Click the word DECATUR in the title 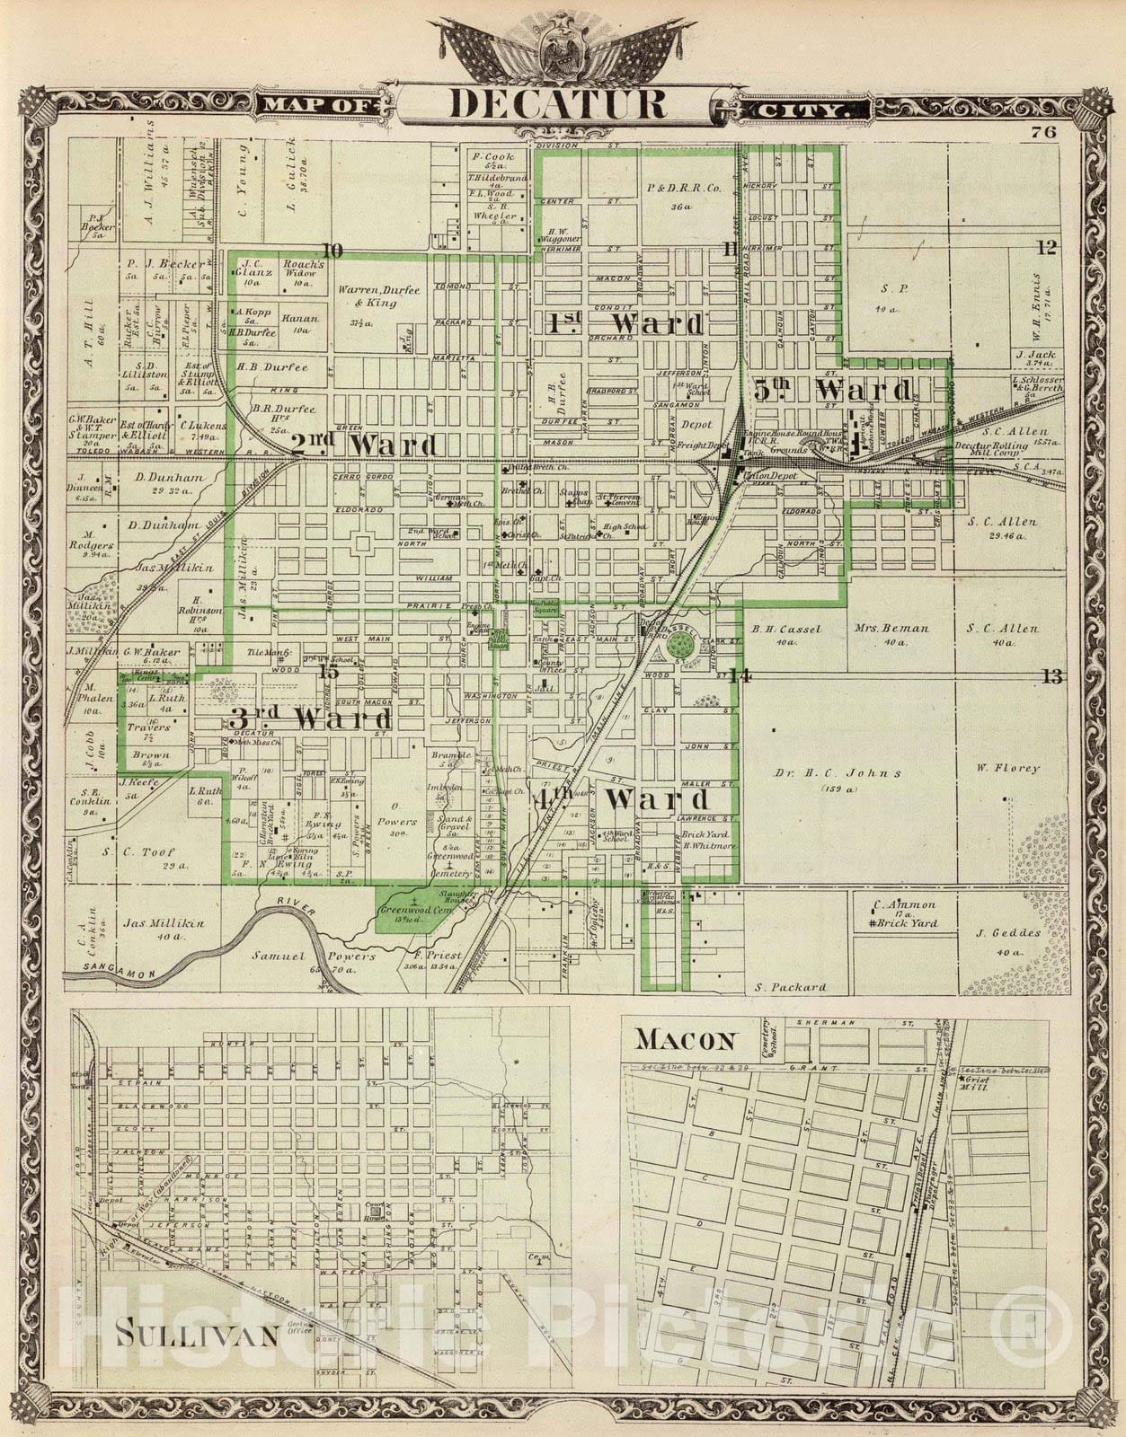[x=558, y=104]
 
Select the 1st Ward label [x=624, y=324]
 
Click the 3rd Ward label [x=310, y=718]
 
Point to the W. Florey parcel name [x=1009, y=768]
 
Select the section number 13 [x=1052, y=675]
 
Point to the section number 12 [x=1045, y=249]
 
